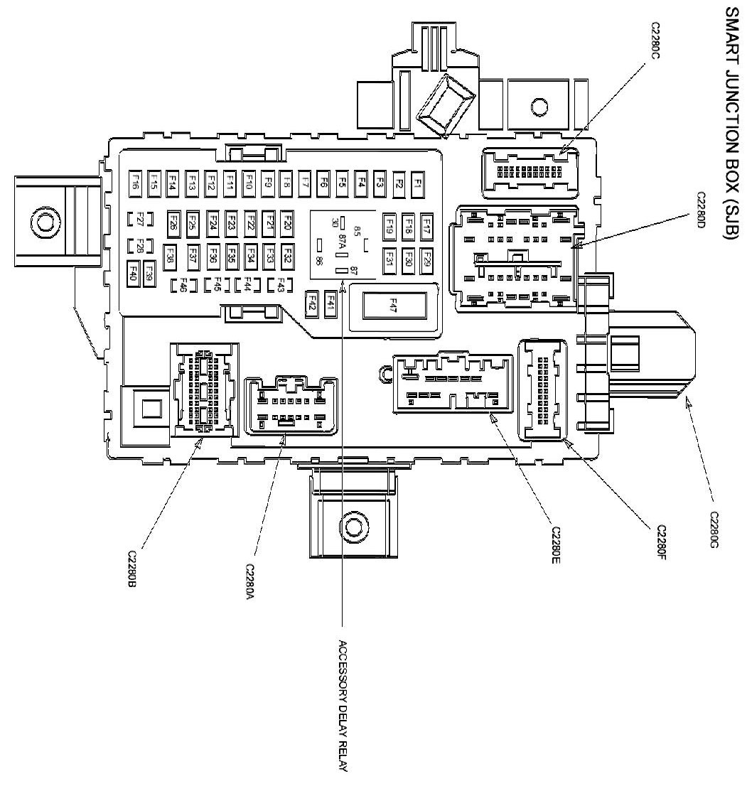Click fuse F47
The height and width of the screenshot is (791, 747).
(x=392, y=305)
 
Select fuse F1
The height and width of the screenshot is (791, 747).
(x=418, y=183)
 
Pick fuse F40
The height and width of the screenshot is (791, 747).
(x=132, y=272)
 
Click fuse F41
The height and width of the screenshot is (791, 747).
(x=330, y=303)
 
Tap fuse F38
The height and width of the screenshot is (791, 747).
(x=170, y=254)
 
